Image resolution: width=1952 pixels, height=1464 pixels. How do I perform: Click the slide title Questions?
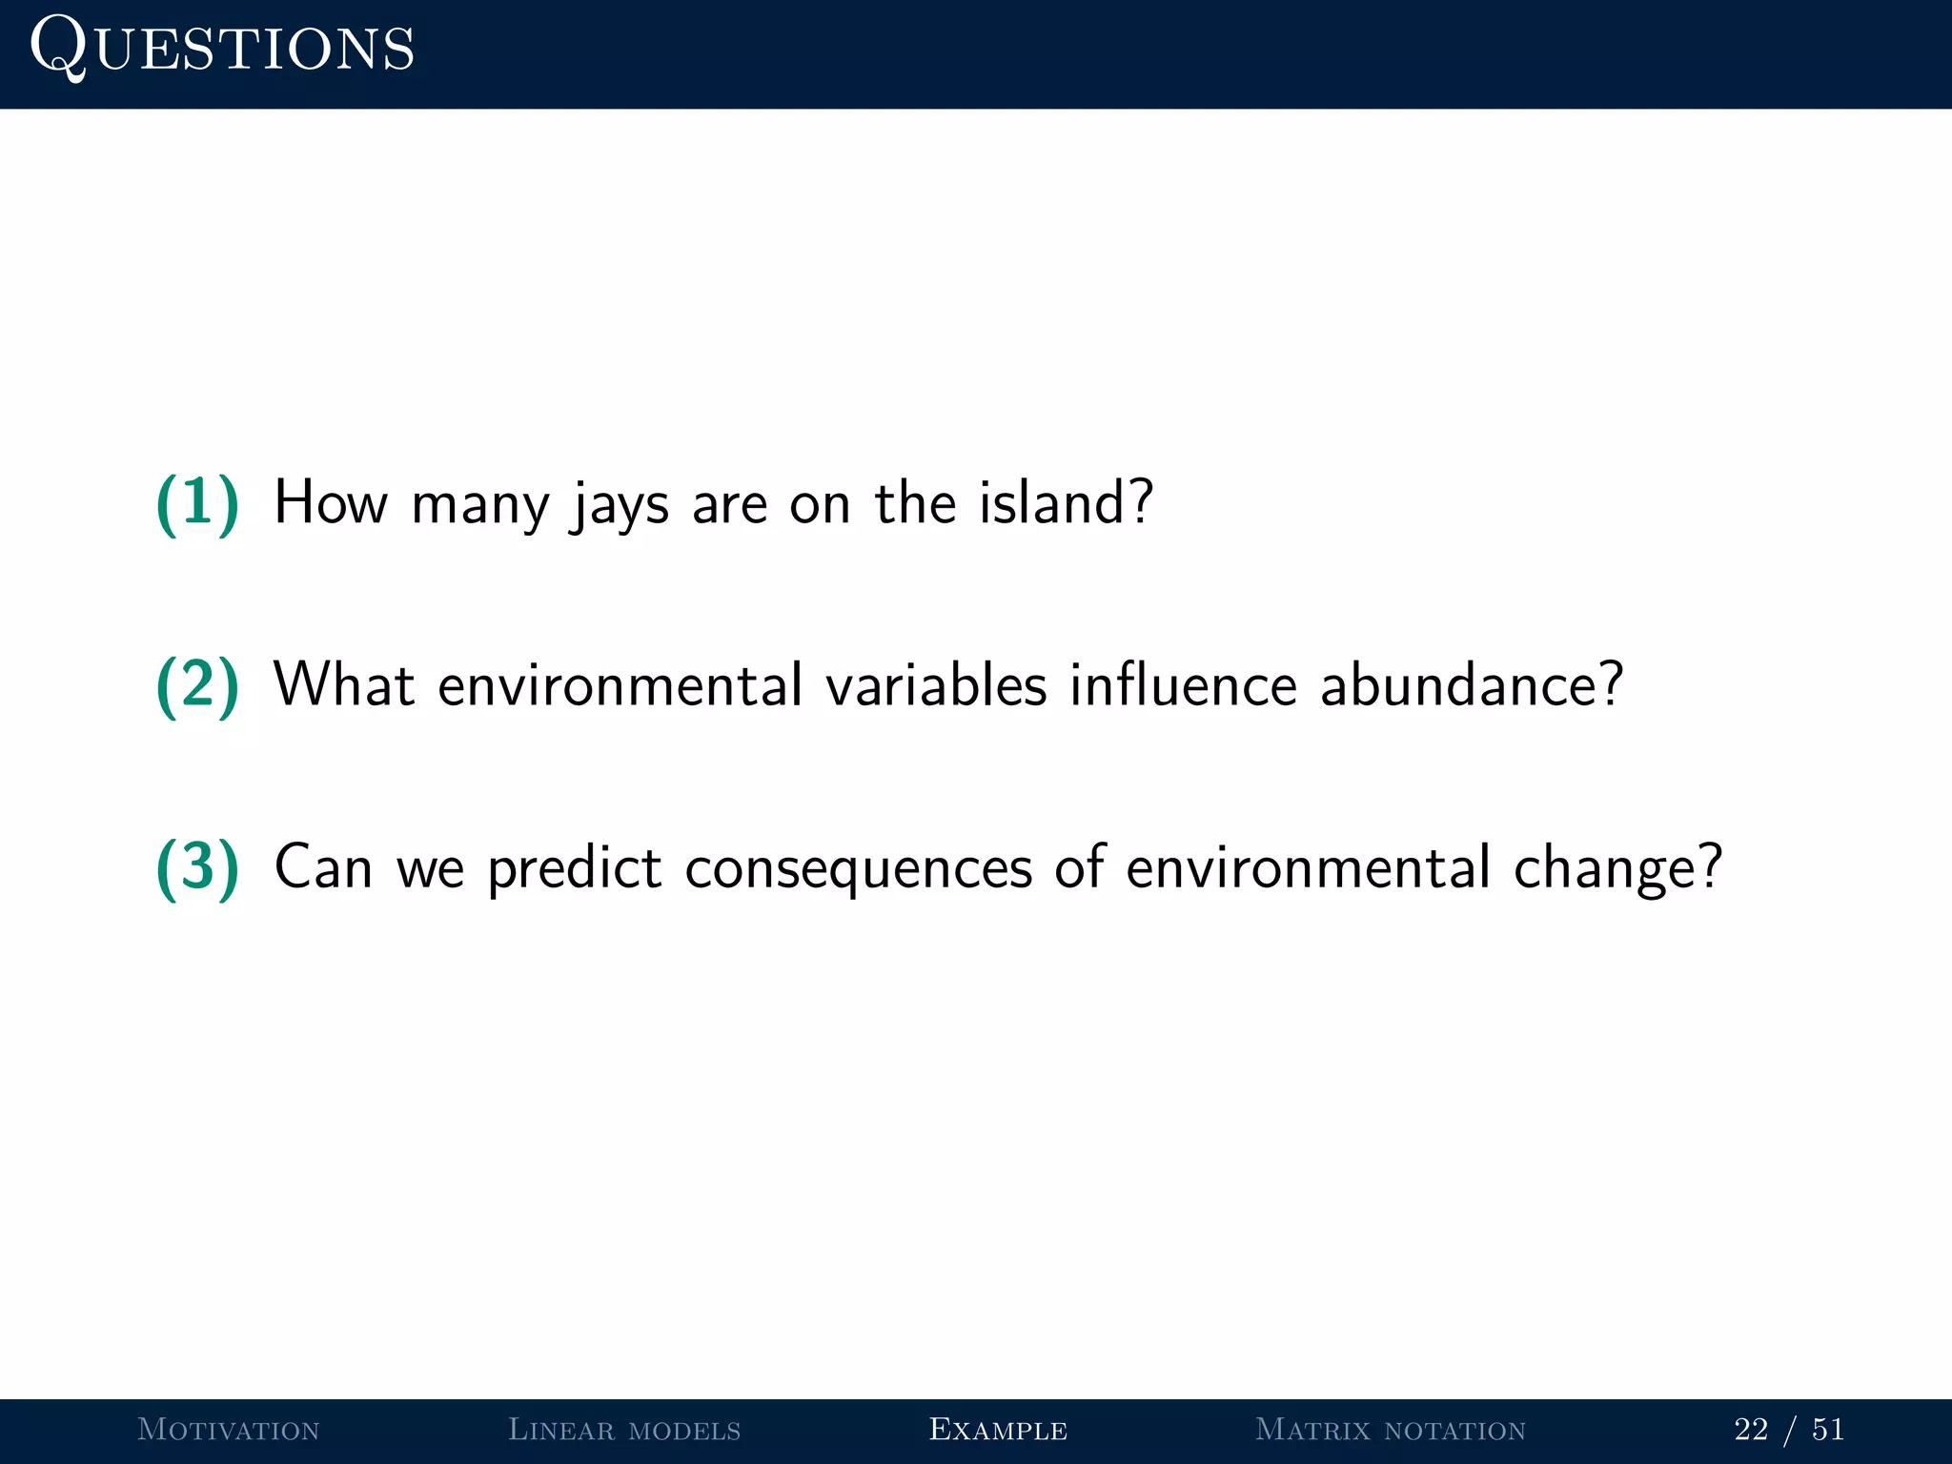pos(222,48)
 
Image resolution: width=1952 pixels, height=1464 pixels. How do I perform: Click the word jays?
pos(619,505)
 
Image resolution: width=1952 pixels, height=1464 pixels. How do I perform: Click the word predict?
pos(574,868)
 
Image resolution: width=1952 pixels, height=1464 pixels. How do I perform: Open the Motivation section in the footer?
pos(228,1430)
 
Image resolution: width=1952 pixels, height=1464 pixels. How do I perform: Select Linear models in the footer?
pos(624,1430)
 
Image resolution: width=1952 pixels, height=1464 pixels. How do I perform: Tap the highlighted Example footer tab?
pos(998,1430)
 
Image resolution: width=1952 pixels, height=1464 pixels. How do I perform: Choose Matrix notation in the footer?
pos(1391,1430)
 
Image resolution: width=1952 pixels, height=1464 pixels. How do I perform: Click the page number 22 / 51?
pos(1789,1430)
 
